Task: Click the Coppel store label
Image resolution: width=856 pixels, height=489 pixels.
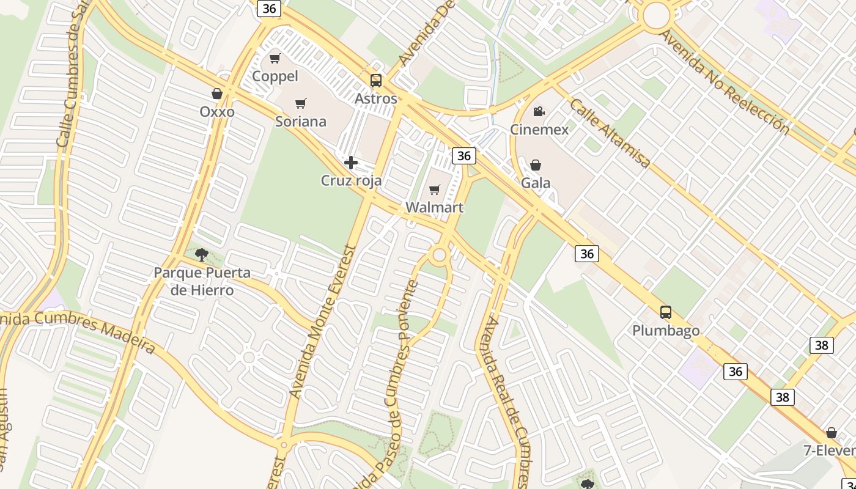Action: (275, 76)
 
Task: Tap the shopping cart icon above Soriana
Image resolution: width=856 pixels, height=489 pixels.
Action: (300, 104)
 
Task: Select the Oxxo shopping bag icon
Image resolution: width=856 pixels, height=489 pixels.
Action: (216, 94)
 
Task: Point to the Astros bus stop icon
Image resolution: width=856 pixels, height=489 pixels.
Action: (376, 81)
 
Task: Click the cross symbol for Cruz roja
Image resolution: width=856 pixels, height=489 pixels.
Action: (351, 163)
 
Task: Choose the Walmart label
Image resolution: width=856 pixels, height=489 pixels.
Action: (435, 207)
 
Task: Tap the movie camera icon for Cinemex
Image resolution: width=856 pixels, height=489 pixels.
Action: (539, 111)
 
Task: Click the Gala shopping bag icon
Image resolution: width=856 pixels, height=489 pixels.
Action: (536, 165)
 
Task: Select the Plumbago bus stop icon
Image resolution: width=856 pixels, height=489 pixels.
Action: (666, 312)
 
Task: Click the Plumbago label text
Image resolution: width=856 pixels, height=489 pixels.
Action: (666, 331)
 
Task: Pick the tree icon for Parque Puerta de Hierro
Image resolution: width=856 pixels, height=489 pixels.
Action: (201, 254)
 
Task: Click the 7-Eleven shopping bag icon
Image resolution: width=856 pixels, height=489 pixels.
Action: (832, 433)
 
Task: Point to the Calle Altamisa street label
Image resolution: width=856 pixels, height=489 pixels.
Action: (610, 133)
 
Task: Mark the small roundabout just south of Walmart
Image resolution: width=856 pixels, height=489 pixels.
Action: (438, 255)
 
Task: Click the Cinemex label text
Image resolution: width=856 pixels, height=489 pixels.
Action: (539, 130)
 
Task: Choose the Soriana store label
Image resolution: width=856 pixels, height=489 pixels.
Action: (301, 122)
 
